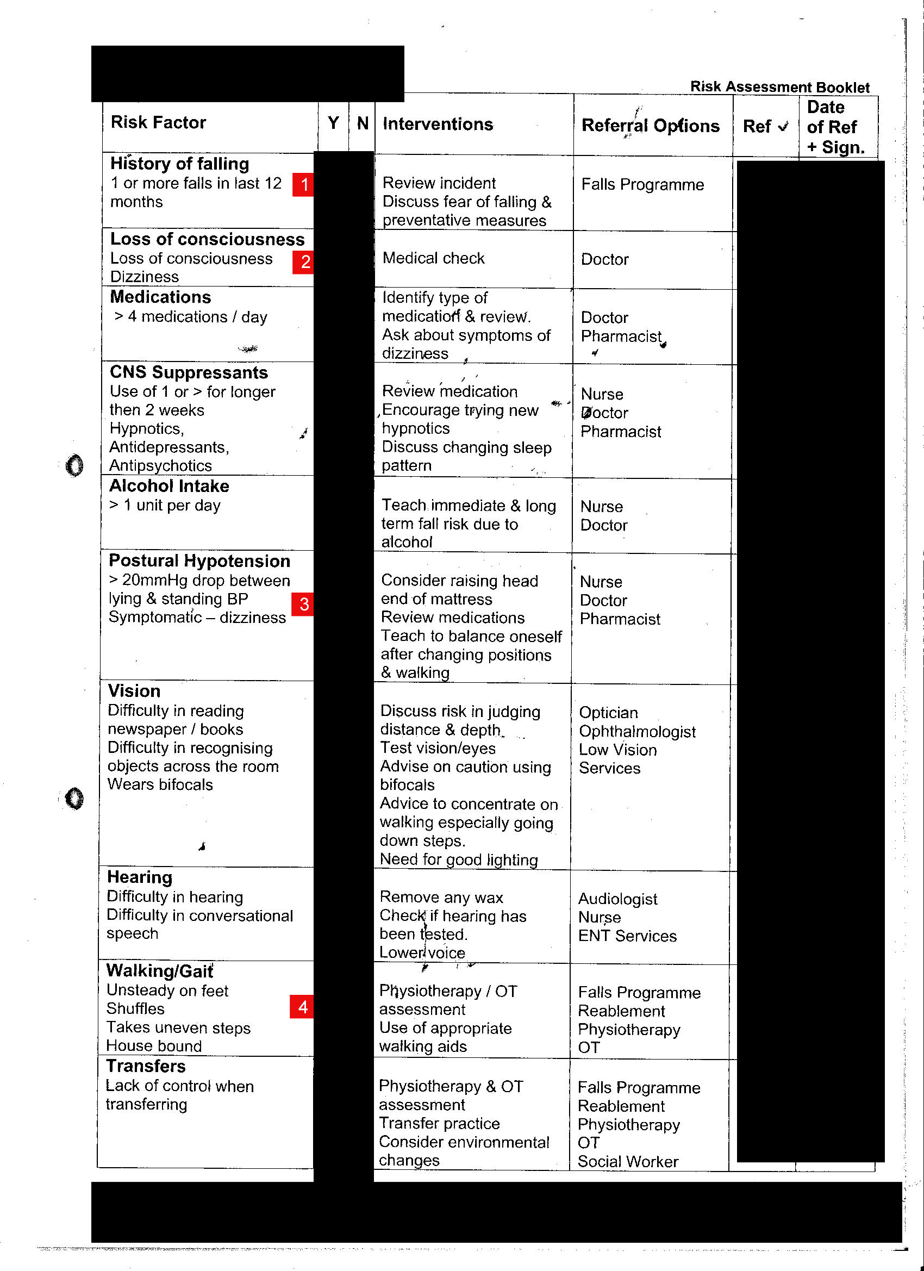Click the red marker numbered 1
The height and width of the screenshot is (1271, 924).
click(303, 184)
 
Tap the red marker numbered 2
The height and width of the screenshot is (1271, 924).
click(304, 261)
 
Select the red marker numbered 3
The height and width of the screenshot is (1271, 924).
click(303, 604)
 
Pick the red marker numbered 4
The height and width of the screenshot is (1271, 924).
click(302, 1006)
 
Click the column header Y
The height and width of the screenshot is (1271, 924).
click(333, 123)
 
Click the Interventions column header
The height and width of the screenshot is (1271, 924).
click(438, 124)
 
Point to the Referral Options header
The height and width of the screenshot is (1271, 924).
click(650, 126)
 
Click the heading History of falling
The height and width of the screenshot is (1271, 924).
click(179, 164)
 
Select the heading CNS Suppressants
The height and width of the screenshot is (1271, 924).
click(188, 372)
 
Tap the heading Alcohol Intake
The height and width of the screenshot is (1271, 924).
click(168, 485)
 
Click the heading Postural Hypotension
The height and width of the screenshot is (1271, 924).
click(199, 560)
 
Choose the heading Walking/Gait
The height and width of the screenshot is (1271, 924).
click(159, 970)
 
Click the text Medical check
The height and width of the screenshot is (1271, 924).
click(433, 258)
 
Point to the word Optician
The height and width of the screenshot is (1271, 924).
click(608, 712)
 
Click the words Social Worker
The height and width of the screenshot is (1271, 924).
click(628, 1161)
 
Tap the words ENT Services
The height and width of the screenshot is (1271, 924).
click(627, 936)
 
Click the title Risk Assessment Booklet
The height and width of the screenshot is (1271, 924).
click(779, 87)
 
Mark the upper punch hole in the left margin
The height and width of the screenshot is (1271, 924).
click(74, 465)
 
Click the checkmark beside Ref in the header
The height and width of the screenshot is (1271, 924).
click(783, 127)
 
